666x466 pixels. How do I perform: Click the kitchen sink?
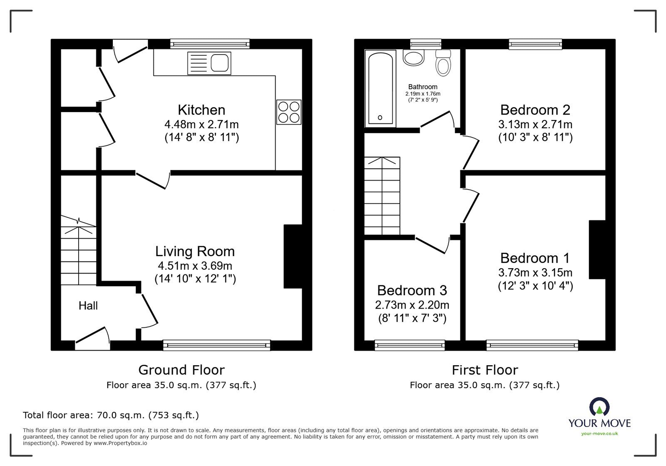209,63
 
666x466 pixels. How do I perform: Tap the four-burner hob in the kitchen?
288,112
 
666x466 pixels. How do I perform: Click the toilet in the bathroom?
444,63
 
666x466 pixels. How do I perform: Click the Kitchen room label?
201,110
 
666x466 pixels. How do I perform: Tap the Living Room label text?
195,252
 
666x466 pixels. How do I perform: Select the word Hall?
88,306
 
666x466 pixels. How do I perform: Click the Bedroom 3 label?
412,290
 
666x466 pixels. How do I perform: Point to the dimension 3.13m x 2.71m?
535,124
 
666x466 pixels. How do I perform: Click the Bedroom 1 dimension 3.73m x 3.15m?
535,273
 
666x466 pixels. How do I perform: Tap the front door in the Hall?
92,337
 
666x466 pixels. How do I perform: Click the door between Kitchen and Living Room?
152,180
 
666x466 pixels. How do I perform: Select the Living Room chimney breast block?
293,256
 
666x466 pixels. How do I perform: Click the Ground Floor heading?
181,370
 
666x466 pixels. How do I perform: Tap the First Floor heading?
485,370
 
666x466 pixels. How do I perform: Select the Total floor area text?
111,415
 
